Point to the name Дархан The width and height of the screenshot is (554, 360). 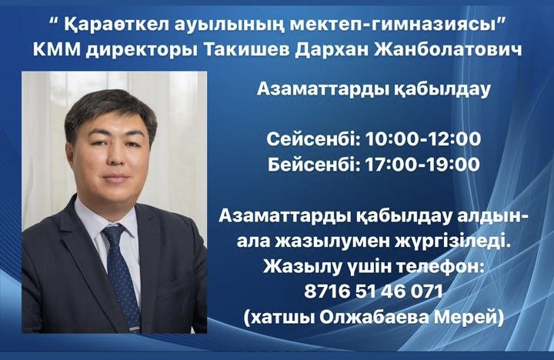tap(330, 50)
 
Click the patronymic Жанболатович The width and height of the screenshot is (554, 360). tap(447, 49)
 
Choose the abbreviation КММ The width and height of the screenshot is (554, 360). tap(56, 50)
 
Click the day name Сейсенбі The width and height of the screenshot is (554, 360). tap(313, 138)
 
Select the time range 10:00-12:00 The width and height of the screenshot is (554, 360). tap(423, 138)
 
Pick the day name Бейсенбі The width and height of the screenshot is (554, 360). tap(314, 165)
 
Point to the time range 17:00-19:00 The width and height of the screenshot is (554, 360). tap(422, 165)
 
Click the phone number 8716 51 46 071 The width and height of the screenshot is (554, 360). tap(373, 292)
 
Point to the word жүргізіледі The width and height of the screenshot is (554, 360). tap(455, 242)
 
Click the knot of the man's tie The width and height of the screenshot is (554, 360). tap(114, 235)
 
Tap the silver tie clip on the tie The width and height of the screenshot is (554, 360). tap(134, 328)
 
